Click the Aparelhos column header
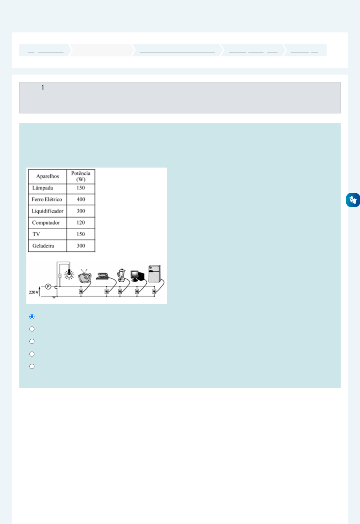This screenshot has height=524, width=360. click(x=47, y=176)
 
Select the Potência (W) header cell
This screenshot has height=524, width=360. click(x=81, y=176)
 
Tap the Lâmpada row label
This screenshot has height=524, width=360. click(x=43, y=188)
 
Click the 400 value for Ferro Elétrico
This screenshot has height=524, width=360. click(x=81, y=199)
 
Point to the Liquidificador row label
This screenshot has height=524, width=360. click(x=47, y=211)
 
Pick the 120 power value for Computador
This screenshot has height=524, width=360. click(x=81, y=223)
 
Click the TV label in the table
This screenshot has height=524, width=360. click(x=36, y=234)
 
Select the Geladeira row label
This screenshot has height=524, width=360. click(x=43, y=246)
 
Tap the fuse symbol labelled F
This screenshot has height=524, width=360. click(x=48, y=287)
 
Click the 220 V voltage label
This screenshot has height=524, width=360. click(x=33, y=292)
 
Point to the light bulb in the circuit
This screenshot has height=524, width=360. click(x=69, y=274)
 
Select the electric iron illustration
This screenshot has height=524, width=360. click(x=102, y=276)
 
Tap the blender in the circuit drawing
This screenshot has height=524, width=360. click(x=121, y=275)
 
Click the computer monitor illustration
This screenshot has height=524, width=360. click(x=137, y=276)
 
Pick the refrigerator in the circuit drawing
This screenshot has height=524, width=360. click(x=155, y=274)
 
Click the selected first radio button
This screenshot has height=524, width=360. click(x=32, y=317)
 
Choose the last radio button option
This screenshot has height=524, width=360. click(x=32, y=366)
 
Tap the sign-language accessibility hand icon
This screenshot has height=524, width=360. click(x=353, y=200)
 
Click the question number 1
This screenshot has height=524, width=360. click(x=43, y=88)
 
